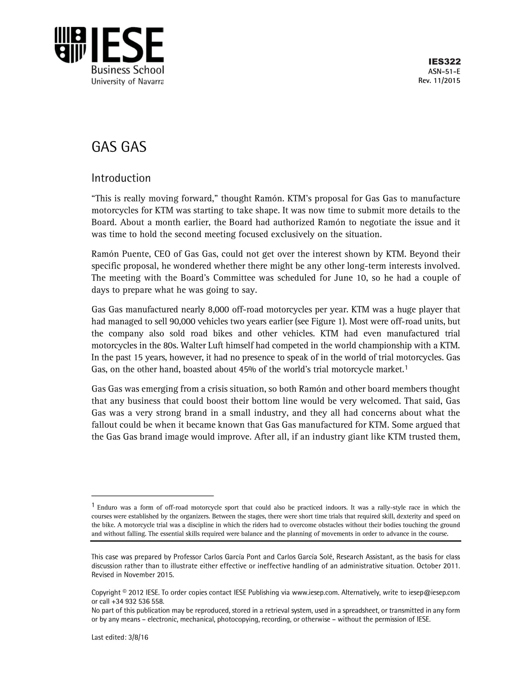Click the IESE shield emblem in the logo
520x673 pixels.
tap(70, 45)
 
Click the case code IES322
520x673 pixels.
tap(444, 62)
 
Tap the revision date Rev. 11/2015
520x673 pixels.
tap(439, 81)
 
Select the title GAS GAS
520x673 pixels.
tap(119, 147)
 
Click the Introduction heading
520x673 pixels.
tap(121, 178)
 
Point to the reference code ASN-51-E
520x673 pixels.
tap(444, 71)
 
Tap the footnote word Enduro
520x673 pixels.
tap(107, 508)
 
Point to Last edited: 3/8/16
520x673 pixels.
tap(120, 637)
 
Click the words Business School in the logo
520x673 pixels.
tap(127, 69)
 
